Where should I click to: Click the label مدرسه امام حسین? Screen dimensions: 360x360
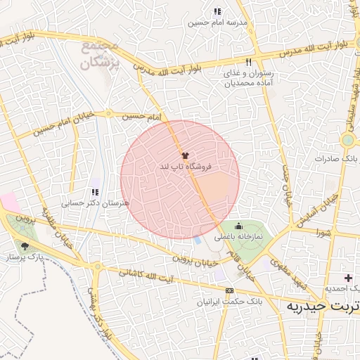218,22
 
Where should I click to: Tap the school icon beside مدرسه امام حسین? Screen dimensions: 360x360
217,11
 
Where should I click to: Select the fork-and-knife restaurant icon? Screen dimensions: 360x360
247,63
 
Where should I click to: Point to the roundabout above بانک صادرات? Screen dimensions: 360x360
347,140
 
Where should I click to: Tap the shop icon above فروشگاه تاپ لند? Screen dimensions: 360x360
185,155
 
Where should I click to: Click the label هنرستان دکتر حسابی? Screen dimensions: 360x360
87,203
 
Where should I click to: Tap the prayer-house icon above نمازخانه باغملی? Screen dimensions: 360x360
238,226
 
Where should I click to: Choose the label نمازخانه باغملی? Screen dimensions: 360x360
239,238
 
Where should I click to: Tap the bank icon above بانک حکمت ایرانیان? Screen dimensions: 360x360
229,290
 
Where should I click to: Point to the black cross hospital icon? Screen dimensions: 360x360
348,278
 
